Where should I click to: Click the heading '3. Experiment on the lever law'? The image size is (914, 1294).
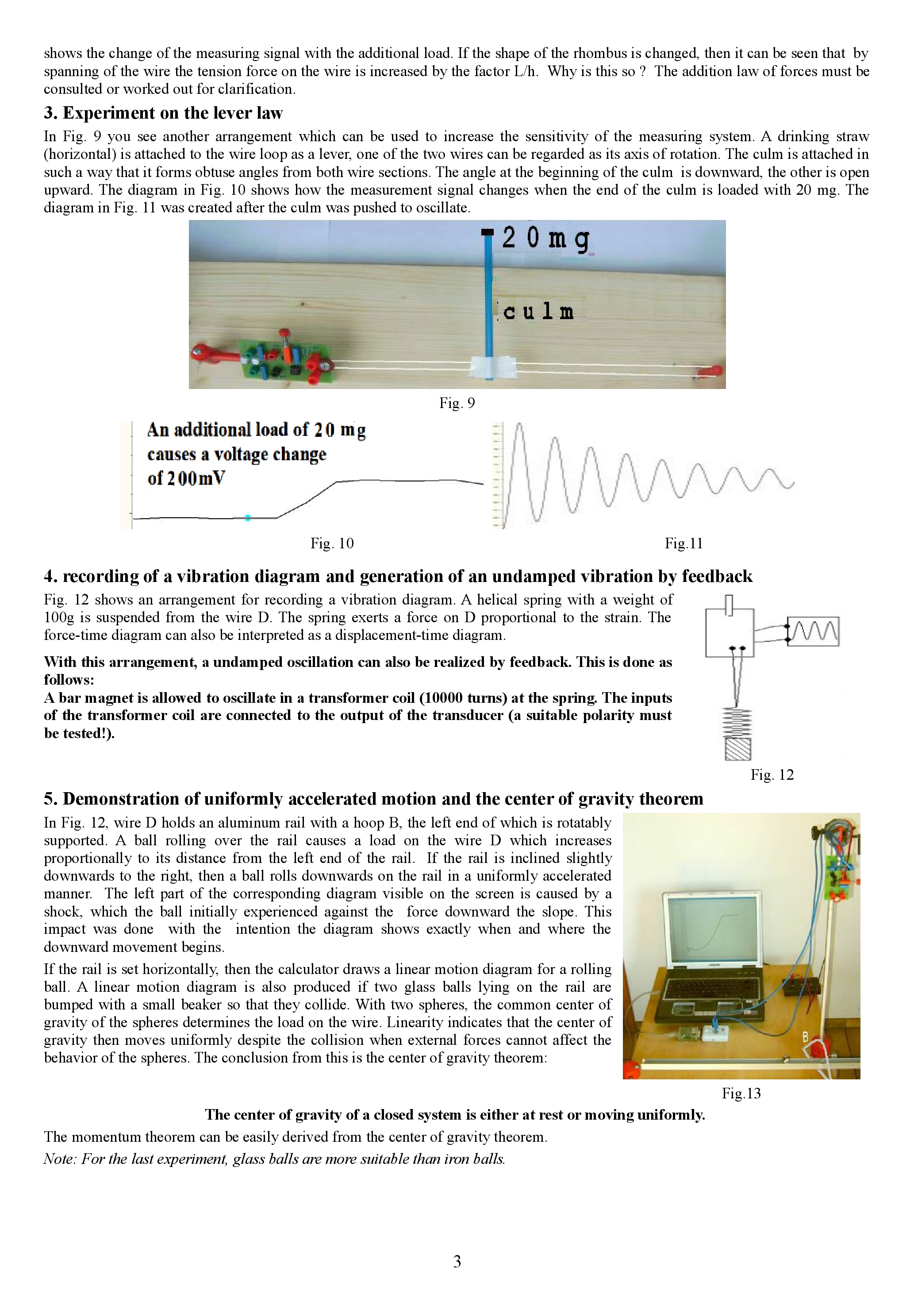[x=163, y=113]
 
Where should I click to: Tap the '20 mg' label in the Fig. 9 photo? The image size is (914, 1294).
[x=545, y=239]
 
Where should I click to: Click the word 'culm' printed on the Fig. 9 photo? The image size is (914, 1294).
[x=538, y=312]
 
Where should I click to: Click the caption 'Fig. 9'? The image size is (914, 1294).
[x=457, y=403]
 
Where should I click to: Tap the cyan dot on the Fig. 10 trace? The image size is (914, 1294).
[x=248, y=517]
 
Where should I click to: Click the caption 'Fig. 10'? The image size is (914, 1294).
[x=332, y=543]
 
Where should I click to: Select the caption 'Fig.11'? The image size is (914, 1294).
[x=684, y=543]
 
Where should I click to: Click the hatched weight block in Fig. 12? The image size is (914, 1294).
[x=737, y=749]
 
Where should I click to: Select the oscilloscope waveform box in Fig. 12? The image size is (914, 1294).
[x=813, y=631]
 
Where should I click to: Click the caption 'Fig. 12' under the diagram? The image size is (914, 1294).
[x=772, y=775]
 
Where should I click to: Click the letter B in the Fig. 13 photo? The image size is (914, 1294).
[x=805, y=1036]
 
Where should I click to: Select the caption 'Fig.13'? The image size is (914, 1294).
[x=741, y=1094]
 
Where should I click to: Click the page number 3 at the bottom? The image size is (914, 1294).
[x=457, y=1261]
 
